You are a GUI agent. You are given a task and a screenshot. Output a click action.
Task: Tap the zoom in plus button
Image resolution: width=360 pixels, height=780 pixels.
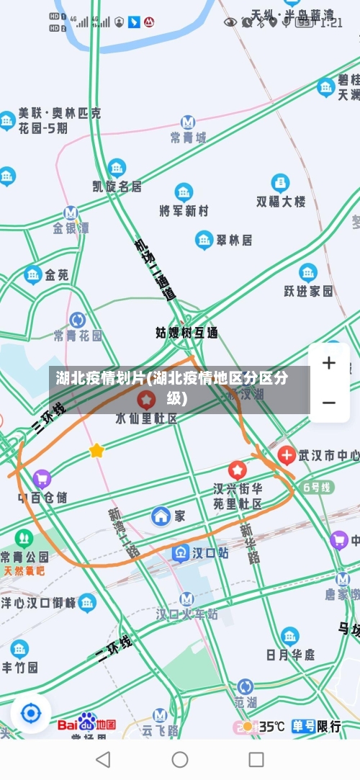point(329,363)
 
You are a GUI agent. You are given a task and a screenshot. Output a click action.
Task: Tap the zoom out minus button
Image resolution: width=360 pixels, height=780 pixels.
point(329,402)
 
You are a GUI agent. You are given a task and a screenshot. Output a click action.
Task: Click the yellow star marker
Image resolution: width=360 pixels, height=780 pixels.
point(96,451)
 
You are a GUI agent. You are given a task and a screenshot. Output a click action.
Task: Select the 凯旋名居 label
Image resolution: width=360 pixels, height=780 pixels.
point(117,186)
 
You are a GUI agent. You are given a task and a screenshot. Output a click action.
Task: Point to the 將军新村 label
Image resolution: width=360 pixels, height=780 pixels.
point(184,210)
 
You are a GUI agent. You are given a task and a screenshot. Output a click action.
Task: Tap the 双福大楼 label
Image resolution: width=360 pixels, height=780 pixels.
point(281,202)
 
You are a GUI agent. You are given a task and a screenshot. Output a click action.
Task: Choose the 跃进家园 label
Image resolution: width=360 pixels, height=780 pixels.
point(308,290)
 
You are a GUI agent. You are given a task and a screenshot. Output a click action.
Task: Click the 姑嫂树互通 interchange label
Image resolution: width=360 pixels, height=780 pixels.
point(186,333)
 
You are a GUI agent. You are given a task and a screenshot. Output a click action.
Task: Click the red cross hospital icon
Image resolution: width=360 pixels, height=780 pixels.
point(287,455)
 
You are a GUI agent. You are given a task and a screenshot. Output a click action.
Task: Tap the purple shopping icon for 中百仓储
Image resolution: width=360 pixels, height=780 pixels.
point(42,478)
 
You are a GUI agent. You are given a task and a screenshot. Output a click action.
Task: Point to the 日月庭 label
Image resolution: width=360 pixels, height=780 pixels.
point(290,654)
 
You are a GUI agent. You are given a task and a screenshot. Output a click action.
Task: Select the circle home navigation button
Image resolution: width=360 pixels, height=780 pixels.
point(180,759)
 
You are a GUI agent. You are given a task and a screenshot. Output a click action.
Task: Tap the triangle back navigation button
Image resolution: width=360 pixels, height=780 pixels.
point(103,759)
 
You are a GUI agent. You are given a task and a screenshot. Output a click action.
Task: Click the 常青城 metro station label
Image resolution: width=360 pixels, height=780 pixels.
point(188,137)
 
